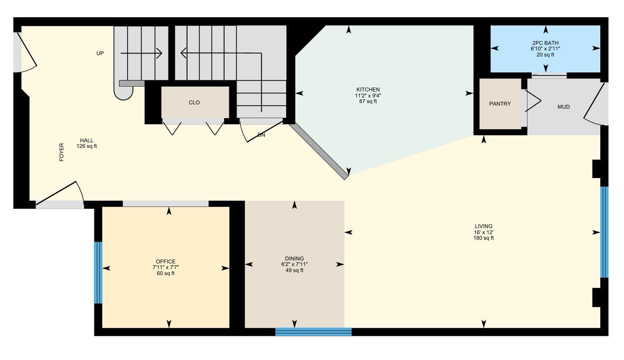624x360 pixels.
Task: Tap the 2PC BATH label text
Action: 545,43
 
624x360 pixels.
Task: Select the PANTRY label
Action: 500,104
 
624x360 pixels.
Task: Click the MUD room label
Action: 563,107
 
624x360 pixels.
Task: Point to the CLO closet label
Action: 194,103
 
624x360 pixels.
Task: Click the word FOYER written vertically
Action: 62,152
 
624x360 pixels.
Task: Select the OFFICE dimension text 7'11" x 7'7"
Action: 165,267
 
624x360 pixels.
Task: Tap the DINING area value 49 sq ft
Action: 294,270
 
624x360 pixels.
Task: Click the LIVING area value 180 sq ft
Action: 483,238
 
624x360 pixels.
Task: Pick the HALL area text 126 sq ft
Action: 86,146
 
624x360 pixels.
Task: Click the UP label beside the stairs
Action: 100,53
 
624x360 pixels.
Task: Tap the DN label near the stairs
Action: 261,135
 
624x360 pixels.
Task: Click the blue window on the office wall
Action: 98,272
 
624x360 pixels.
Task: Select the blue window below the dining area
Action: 313,332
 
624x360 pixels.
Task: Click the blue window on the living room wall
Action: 604,232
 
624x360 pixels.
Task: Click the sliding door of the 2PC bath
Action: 549,75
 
